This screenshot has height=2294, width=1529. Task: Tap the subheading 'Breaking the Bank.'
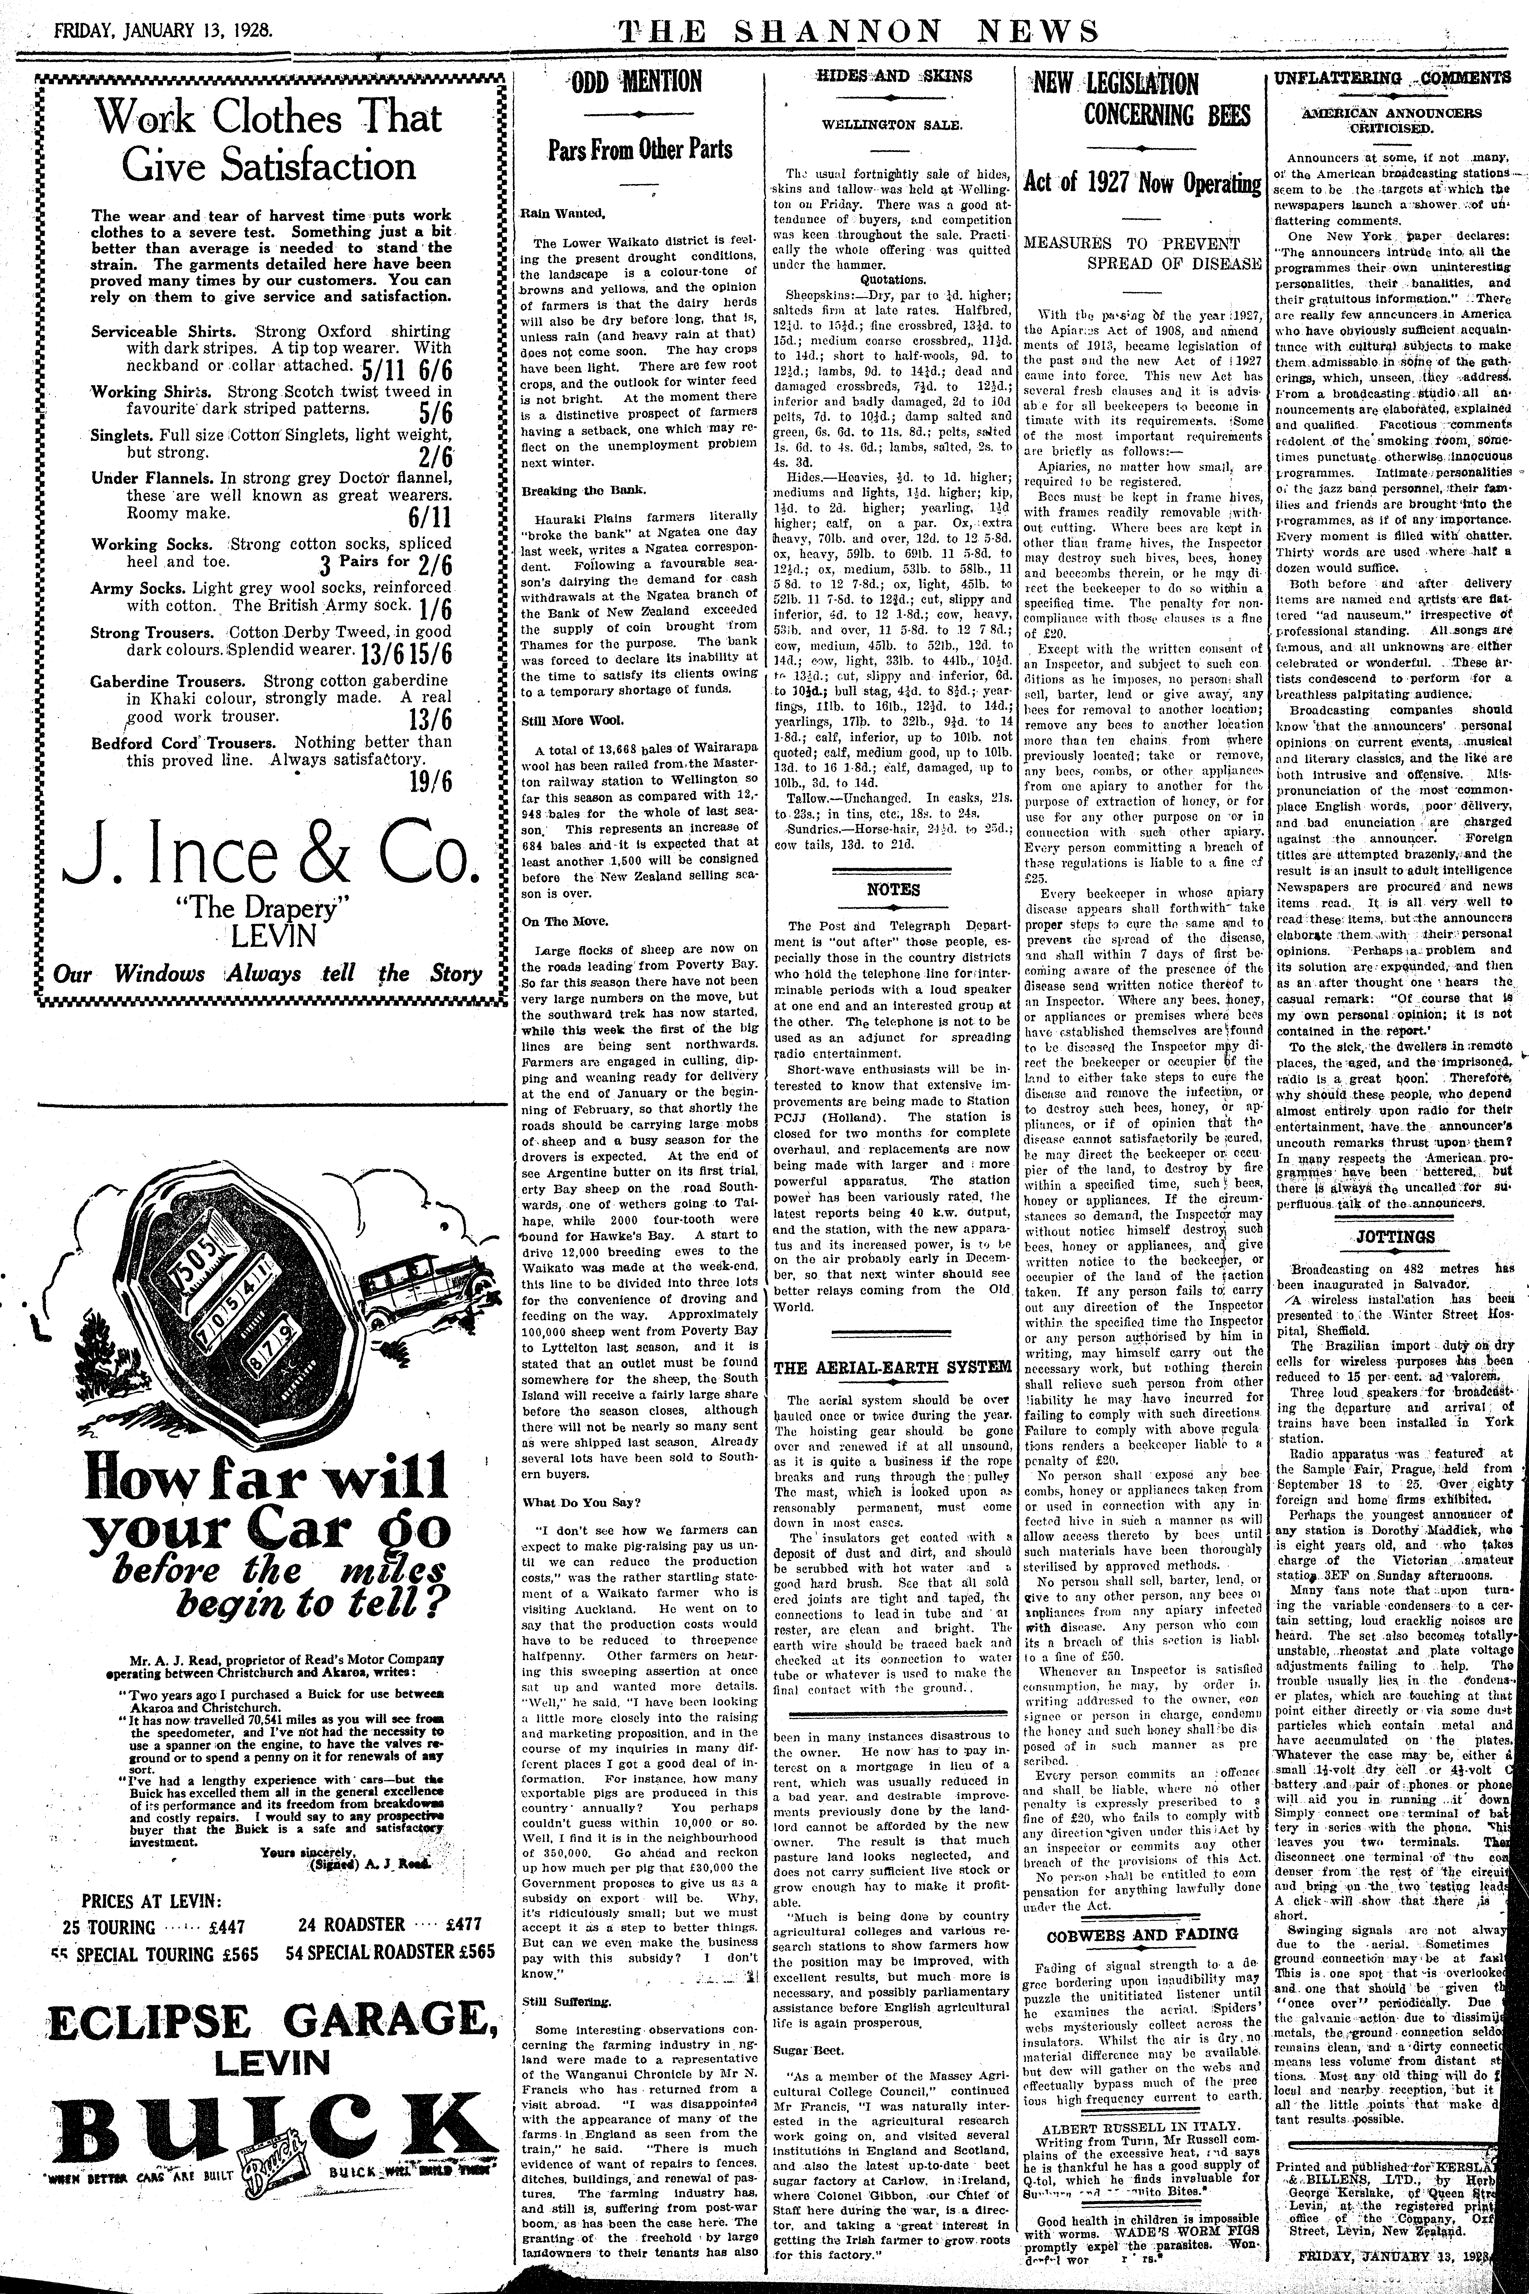[570, 490]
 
